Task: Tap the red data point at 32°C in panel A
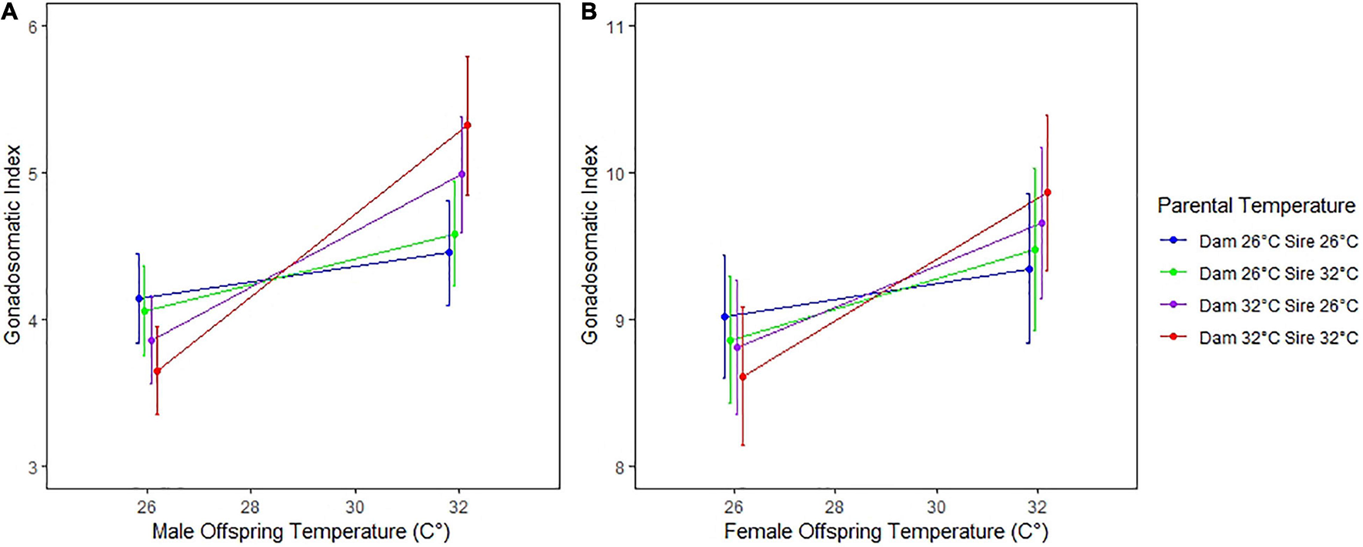pos(467,125)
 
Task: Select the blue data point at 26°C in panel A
pos(139,299)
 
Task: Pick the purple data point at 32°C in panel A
pos(462,175)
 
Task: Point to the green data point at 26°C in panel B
pos(731,340)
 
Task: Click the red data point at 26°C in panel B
pos(742,377)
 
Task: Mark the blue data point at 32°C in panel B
pos(1029,269)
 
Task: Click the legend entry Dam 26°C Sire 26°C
pos(1278,242)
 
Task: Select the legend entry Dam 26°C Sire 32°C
pos(1278,274)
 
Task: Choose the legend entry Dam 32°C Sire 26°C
pos(1278,305)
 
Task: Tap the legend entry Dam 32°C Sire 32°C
pos(1278,338)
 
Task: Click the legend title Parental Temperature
pos(1256,206)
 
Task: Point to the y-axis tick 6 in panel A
pos(33,26)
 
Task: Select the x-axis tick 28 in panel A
pos(251,507)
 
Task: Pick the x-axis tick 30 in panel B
pos(936,507)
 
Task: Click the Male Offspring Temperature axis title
pos(301,532)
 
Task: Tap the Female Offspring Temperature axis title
pos(886,532)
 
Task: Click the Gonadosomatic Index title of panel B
pos(590,245)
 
